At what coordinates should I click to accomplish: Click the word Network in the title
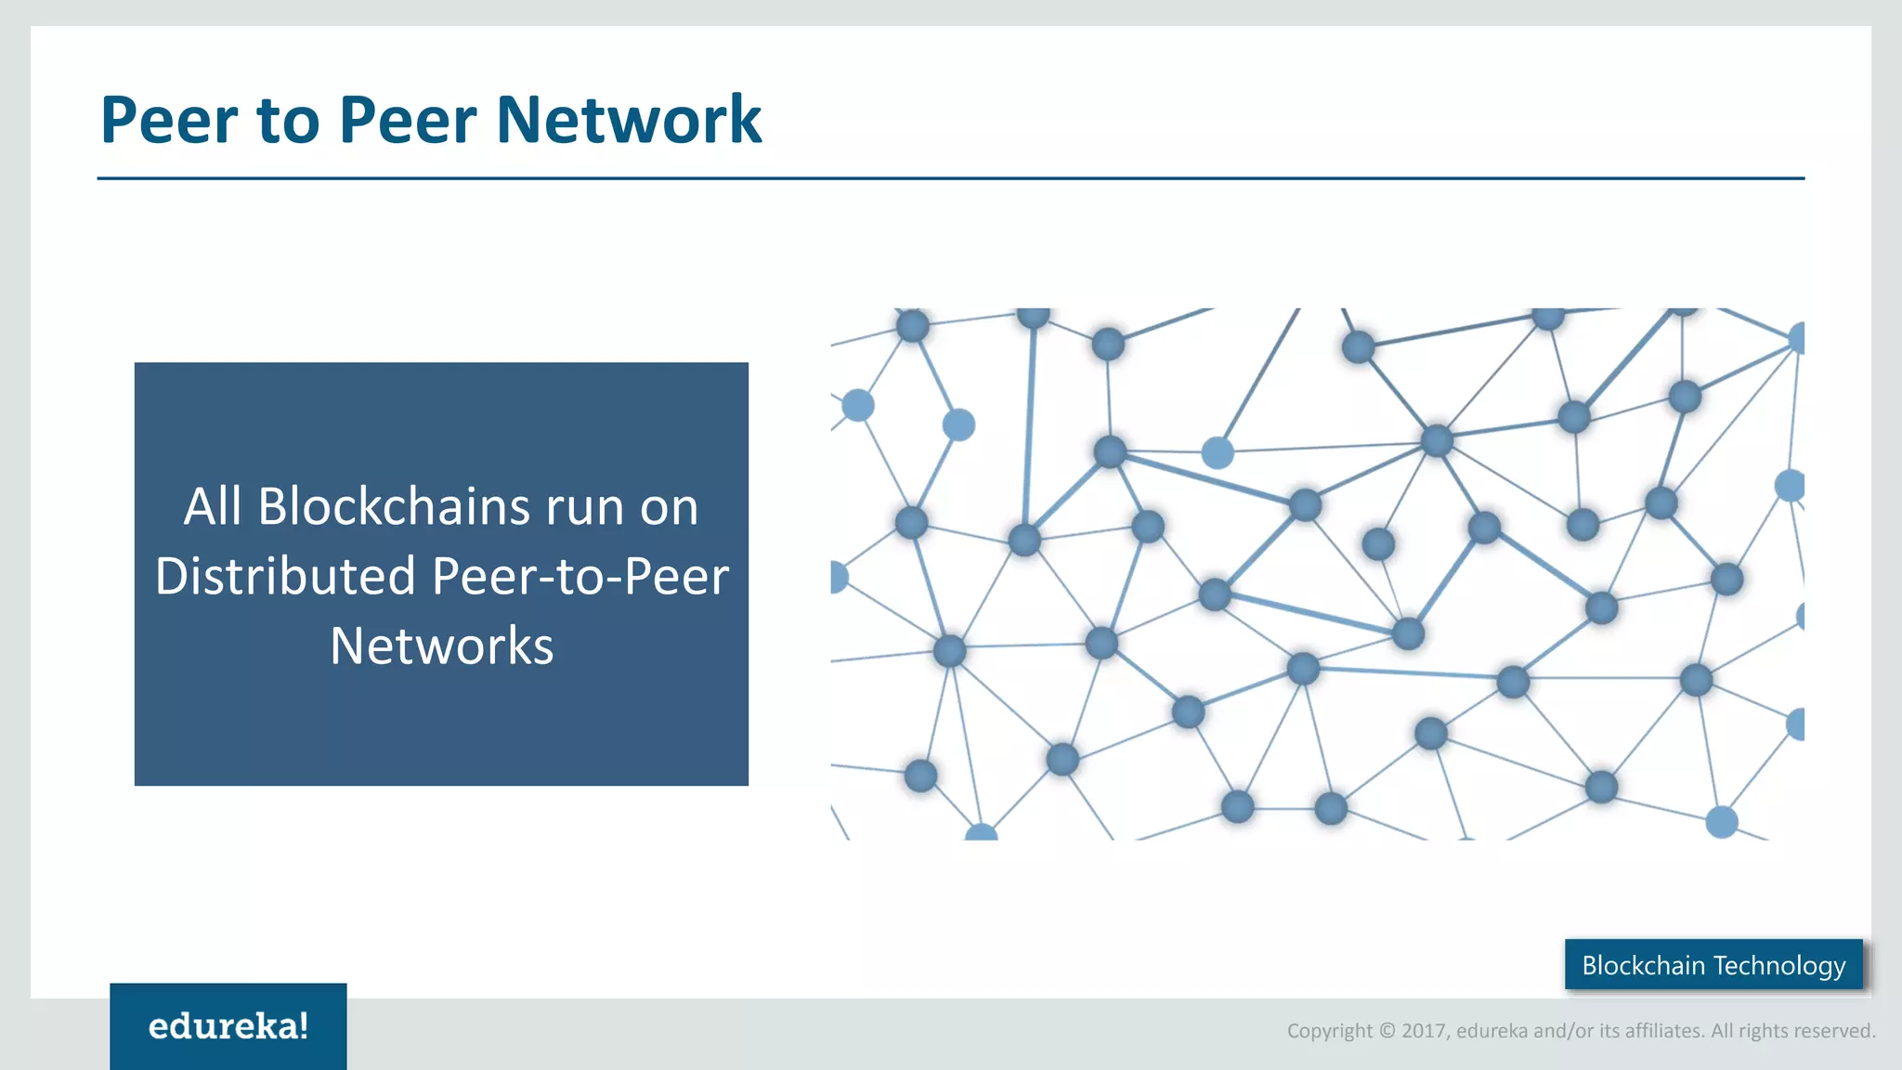pos(629,121)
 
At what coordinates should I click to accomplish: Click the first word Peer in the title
pos(169,121)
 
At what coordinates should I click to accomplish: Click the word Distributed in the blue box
pos(285,576)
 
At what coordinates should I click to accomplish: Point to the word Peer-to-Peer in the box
pos(580,576)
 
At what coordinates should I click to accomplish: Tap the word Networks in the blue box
pos(441,646)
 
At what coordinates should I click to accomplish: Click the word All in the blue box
pos(212,507)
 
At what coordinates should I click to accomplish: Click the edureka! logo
pos(228,1026)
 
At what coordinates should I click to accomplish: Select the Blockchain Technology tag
pos(1713,965)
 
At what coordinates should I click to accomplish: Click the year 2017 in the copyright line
pos(1423,1031)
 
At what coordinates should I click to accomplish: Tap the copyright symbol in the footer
pos(1387,1031)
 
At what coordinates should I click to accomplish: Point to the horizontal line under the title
pos(951,178)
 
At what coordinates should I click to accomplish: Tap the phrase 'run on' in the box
pos(621,507)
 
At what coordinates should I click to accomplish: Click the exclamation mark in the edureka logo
pos(303,1025)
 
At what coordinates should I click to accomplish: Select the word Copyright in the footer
pos(1329,1031)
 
